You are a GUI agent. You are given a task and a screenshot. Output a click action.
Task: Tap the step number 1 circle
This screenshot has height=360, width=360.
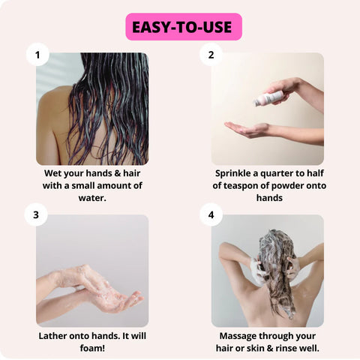click(37, 55)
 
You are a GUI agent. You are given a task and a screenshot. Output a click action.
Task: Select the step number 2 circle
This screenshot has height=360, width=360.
click(211, 55)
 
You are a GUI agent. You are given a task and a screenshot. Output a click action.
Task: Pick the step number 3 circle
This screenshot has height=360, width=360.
click(37, 215)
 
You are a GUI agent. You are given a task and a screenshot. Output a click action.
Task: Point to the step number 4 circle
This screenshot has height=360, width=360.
click(211, 215)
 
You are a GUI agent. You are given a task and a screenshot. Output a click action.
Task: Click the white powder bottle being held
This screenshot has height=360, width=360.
click(269, 98)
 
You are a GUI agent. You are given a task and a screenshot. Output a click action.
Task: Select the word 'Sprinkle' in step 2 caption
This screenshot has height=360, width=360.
click(234, 172)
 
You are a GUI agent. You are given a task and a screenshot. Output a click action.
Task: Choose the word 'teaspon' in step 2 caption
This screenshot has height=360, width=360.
click(255, 186)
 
